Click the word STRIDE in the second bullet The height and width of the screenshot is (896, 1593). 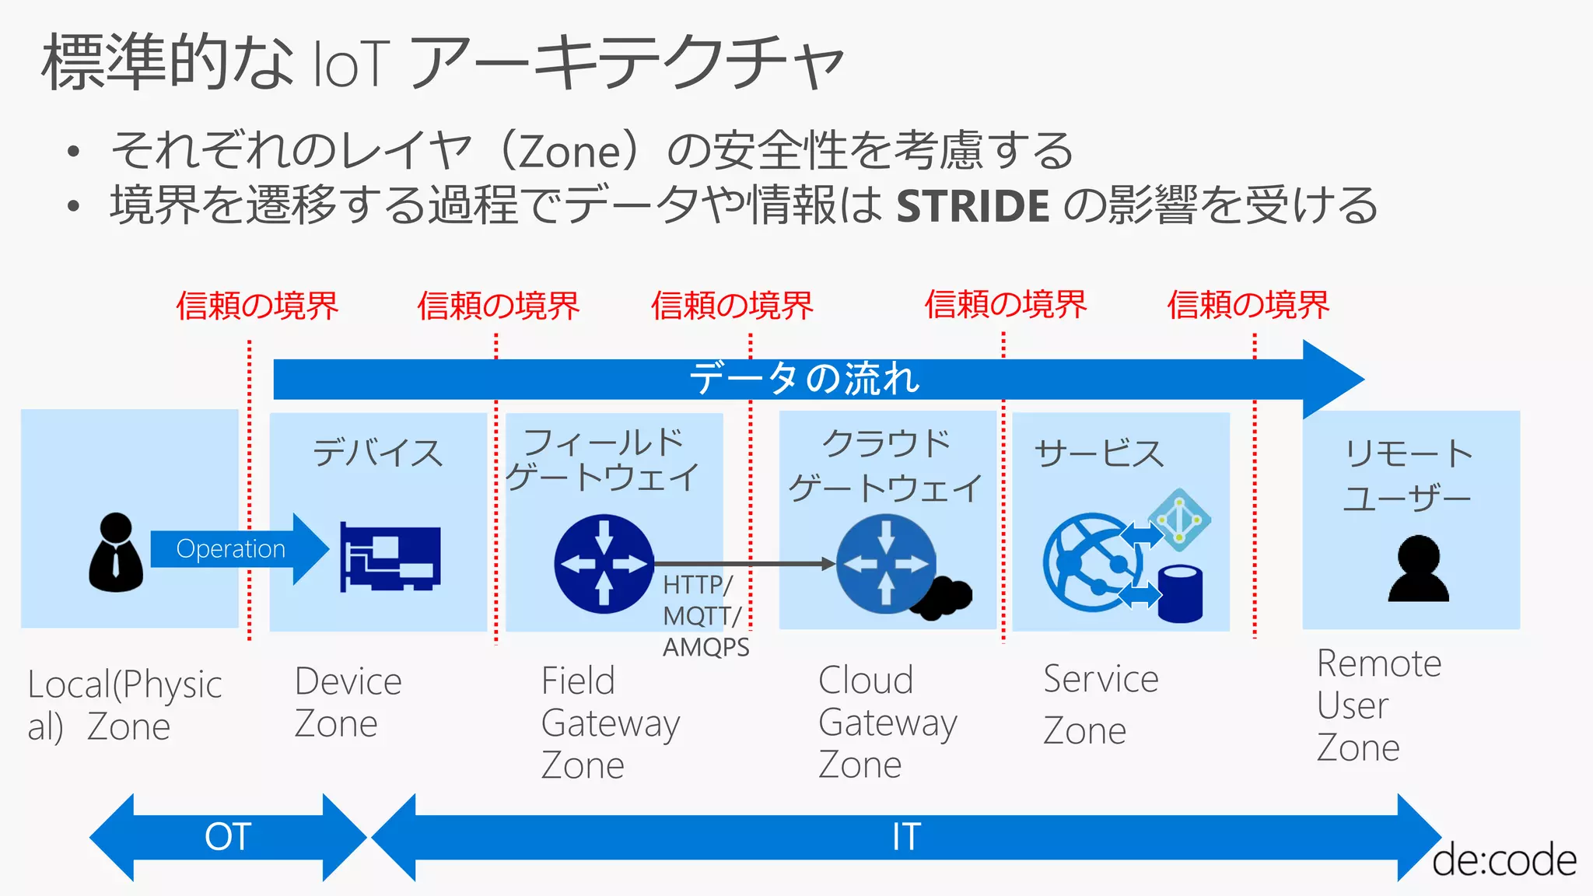point(973,206)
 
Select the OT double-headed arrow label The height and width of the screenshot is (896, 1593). point(227,837)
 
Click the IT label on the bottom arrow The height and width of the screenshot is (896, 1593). point(906,837)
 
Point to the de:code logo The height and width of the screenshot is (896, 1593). point(1504,860)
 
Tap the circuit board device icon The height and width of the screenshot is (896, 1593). point(390,558)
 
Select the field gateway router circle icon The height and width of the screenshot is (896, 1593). point(604,564)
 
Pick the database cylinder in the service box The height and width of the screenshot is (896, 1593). point(1180,593)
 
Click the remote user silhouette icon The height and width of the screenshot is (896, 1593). point(1418,569)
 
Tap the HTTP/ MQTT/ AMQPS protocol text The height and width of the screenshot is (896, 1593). point(704,616)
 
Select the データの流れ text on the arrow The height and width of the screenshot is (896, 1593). point(804,379)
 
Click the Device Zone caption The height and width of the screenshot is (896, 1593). point(348,702)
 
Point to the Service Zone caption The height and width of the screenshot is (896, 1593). point(1100,704)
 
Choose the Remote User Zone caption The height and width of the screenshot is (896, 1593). point(1378,705)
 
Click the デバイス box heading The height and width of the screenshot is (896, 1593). point(377,453)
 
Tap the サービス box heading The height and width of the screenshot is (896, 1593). point(1098,453)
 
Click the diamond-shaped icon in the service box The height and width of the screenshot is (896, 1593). point(1179,520)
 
